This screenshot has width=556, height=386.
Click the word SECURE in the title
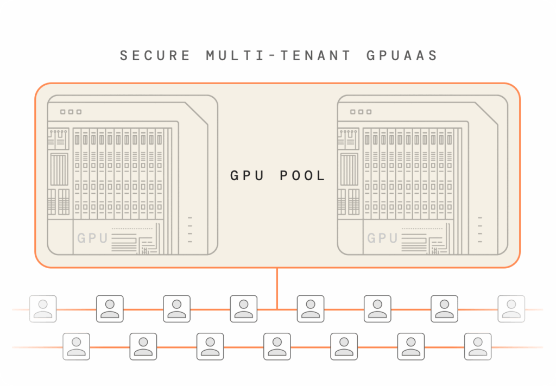(155, 56)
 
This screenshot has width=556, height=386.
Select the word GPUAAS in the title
(402, 56)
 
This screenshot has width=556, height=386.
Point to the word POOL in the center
(302, 176)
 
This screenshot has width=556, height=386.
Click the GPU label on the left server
(92, 238)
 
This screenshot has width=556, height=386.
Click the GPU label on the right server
(382, 238)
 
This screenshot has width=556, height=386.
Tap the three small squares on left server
(71, 112)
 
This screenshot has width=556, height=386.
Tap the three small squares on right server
(361, 112)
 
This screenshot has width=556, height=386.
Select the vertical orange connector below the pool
(277, 288)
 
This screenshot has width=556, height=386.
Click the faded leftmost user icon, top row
(43, 309)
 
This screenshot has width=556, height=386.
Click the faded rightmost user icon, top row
(511, 309)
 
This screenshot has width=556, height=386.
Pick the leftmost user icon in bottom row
(77, 346)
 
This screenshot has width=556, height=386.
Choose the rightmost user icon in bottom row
(478, 346)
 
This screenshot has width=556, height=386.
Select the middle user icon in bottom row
(277, 346)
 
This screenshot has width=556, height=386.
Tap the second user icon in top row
(110, 309)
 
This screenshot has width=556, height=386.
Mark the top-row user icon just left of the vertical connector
(243, 309)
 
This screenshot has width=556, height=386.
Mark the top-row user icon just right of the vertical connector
(311, 309)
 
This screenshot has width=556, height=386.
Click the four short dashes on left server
(189, 230)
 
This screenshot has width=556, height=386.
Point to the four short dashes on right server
(479, 230)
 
